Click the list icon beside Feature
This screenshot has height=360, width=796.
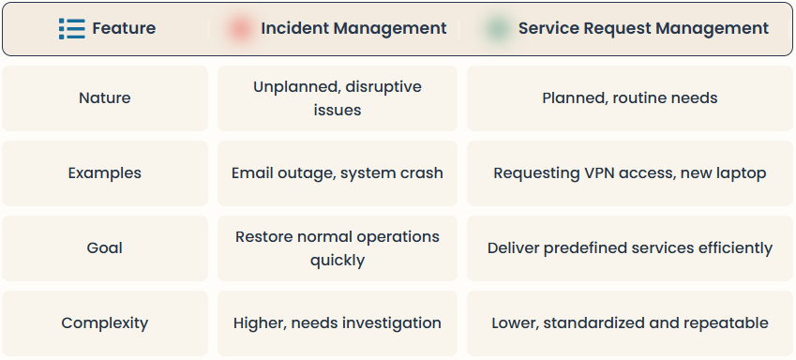pos(71,28)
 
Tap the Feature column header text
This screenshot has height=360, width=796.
pos(124,28)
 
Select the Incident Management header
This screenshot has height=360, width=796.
pos(353,28)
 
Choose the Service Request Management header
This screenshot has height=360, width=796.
pos(643,28)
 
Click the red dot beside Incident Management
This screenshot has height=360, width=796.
pos(239,28)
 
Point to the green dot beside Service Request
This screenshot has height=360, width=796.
pos(497,28)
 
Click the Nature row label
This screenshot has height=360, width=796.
pos(105,97)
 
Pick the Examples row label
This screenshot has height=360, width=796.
pos(105,172)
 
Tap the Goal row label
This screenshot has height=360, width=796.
pos(105,247)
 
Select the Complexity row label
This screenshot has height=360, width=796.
pos(105,322)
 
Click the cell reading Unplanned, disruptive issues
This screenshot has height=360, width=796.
pos(338,97)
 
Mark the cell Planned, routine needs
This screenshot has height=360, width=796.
pos(630,97)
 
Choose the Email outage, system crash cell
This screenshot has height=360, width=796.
pos(338,172)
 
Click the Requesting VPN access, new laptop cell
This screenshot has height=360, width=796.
pos(630,172)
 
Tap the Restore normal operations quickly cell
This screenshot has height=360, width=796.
pos(338,247)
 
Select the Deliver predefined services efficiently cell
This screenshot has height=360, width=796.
pos(630,247)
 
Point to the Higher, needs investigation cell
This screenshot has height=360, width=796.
pos(338,322)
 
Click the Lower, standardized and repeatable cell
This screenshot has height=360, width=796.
pos(630,322)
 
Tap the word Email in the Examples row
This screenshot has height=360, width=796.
pos(253,172)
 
